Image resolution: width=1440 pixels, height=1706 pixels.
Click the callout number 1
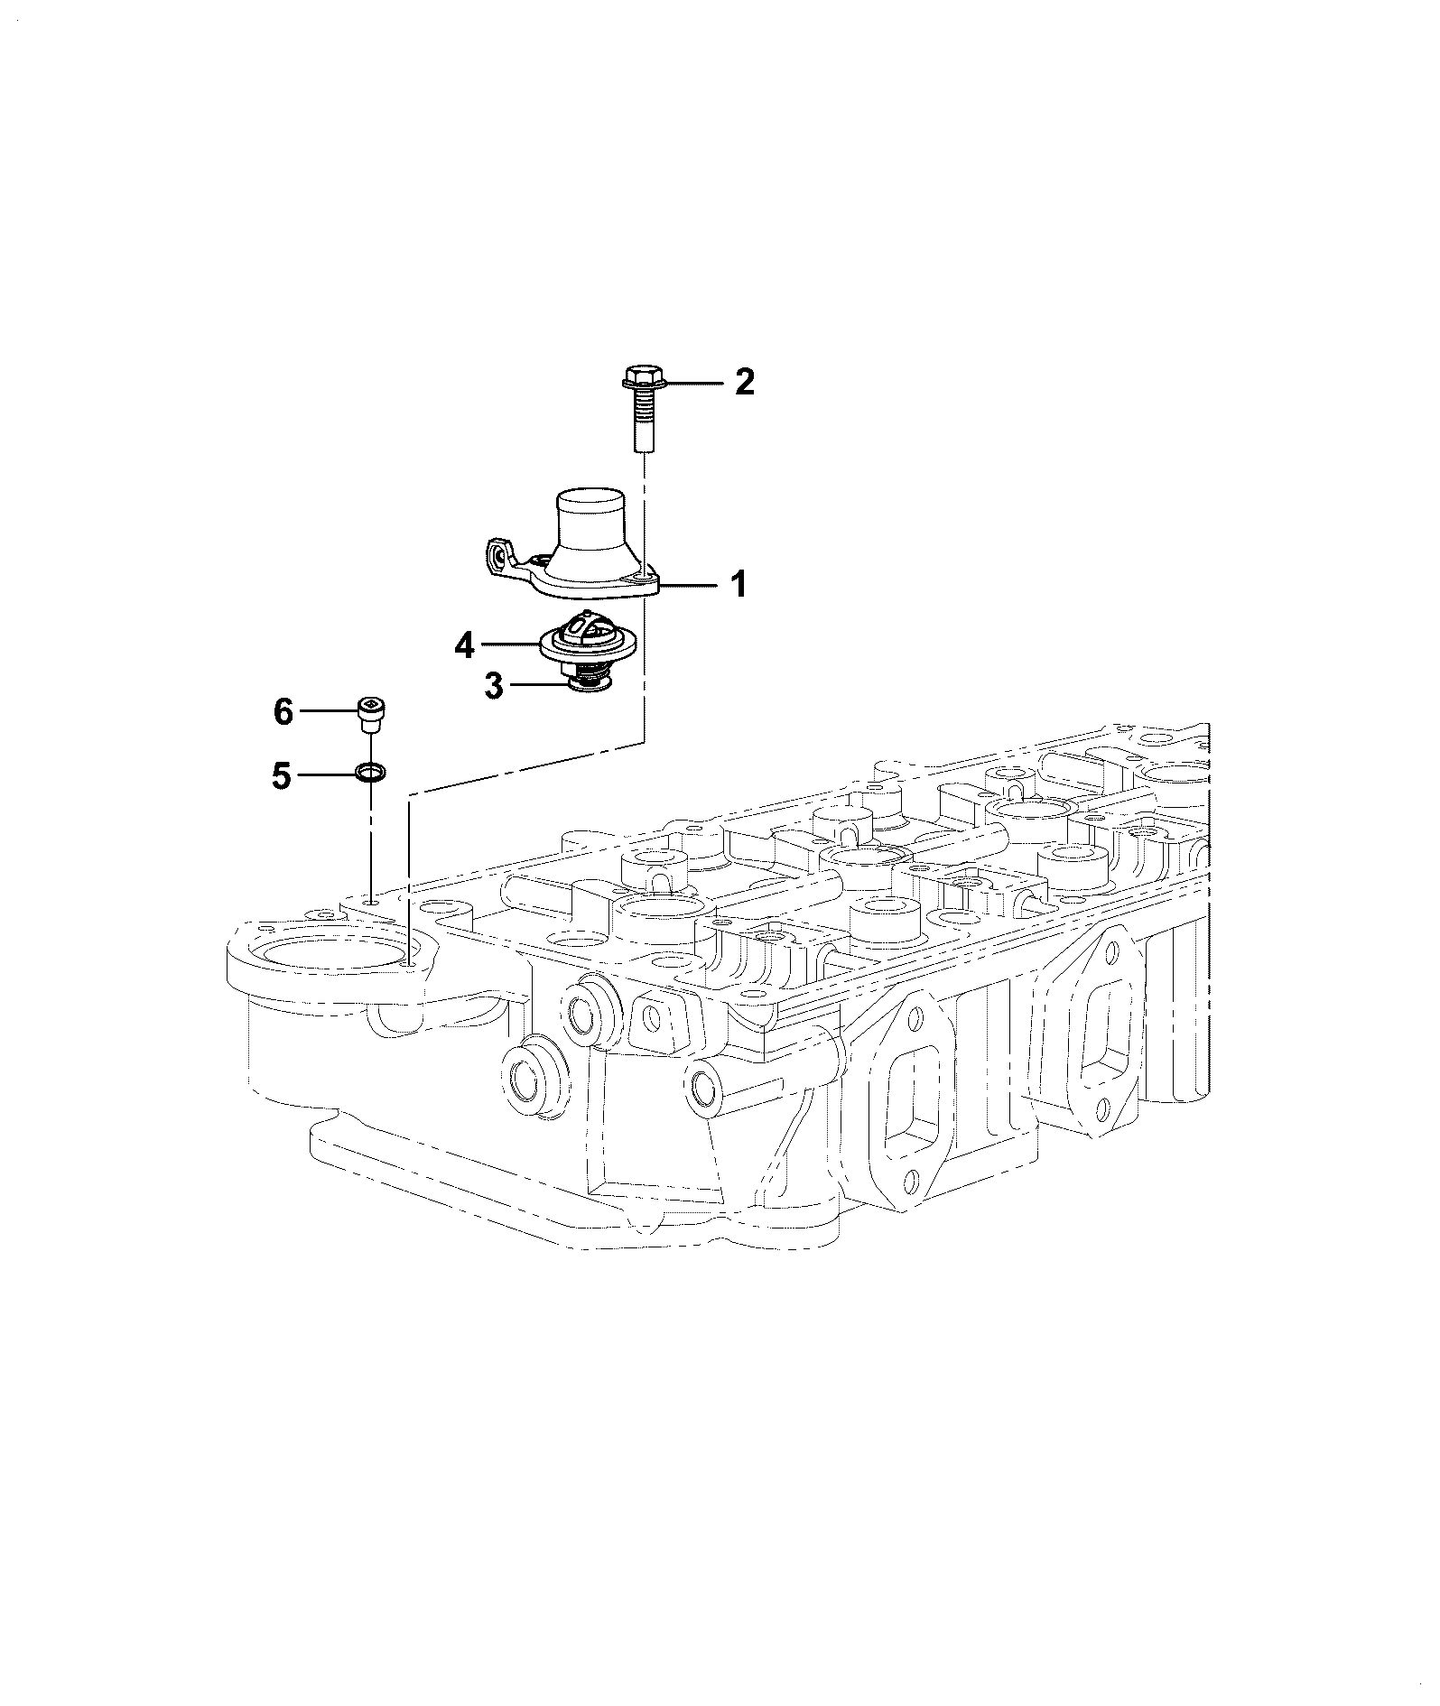(x=739, y=585)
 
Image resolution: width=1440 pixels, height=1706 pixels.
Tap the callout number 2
(x=744, y=383)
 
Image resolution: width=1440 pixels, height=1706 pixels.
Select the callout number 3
(x=493, y=685)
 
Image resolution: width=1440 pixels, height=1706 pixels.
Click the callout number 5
(x=283, y=775)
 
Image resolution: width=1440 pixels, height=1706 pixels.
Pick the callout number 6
(x=283, y=712)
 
